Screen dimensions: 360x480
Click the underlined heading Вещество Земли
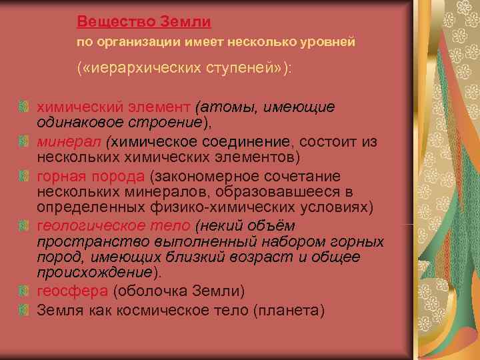(144, 21)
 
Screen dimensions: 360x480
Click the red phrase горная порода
(90, 176)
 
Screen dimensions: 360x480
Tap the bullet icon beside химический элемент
(23, 107)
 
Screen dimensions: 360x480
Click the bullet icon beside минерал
(23, 141)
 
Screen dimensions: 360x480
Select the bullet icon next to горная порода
(23, 176)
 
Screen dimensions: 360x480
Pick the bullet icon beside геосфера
(23, 291)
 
